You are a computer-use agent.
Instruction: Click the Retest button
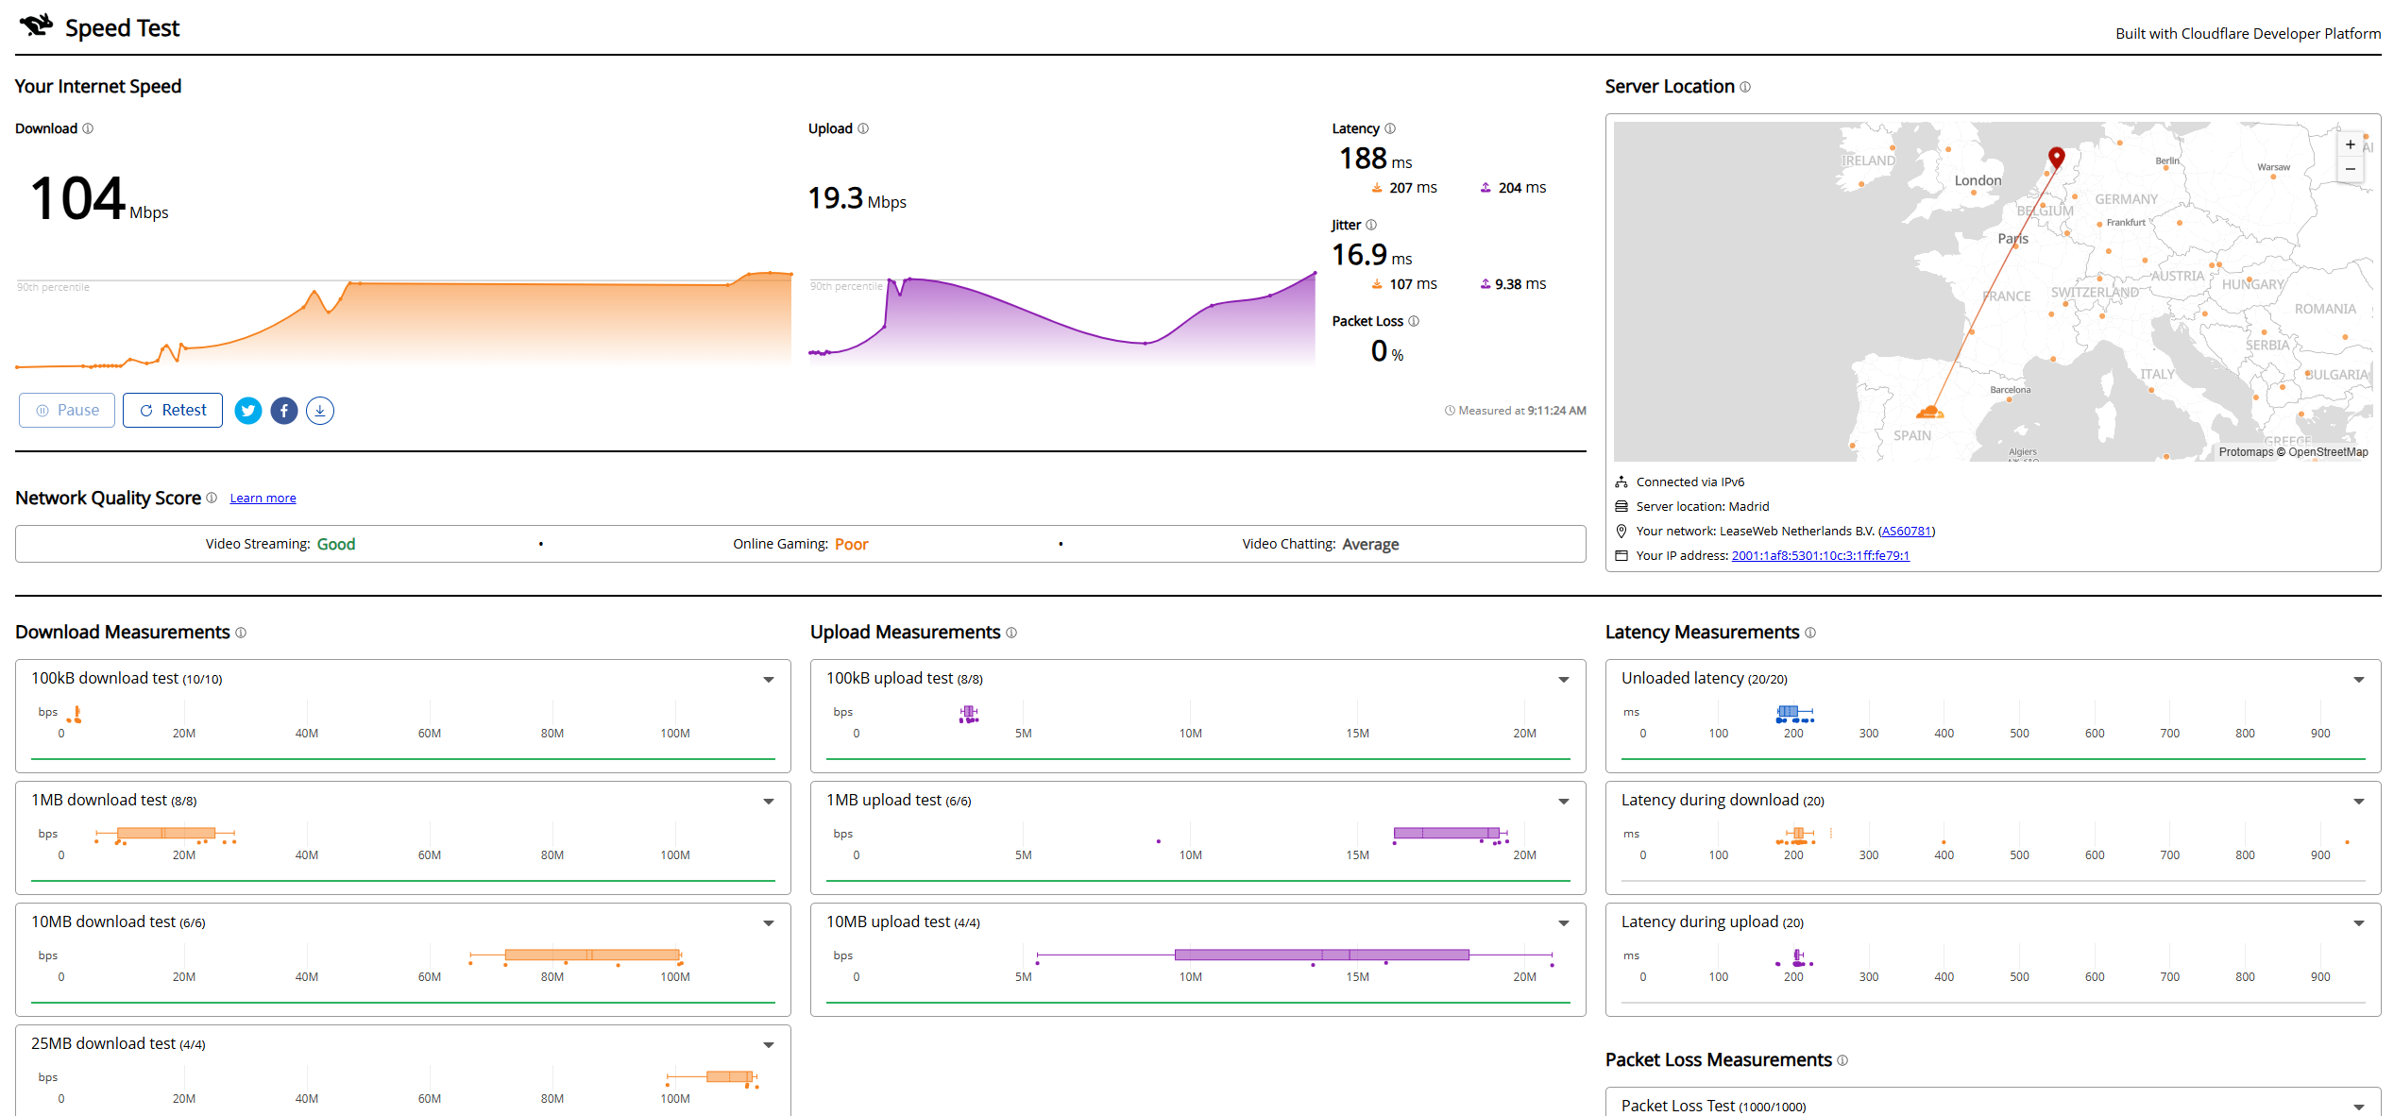click(x=173, y=410)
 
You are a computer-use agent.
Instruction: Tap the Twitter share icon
click(x=248, y=411)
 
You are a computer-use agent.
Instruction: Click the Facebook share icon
click(x=284, y=411)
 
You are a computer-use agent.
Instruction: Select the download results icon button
click(x=320, y=411)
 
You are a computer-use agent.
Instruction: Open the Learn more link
click(x=263, y=499)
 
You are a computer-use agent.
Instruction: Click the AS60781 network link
click(x=1906, y=532)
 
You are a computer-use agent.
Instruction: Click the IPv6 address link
click(x=1820, y=556)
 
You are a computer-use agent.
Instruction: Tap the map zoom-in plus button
click(x=2350, y=145)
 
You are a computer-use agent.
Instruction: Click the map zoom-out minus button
click(x=2350, y=169)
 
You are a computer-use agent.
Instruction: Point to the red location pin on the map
click(x=2056, y=157)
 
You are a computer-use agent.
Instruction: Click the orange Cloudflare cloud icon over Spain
click(x=1929, y=412)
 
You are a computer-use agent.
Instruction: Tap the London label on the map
click(x=1978, y=180)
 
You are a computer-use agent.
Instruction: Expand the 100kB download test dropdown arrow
click(x=769, y=680)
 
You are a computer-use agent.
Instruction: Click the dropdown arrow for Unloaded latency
click(x=2359, y=680)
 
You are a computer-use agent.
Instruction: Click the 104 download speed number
click(x=77, y=198)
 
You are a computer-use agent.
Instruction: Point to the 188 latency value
click(x=1363, y=159)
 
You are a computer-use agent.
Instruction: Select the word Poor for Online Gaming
click(x=851, y=545)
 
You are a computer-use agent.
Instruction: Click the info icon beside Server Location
click(x=1745, y=87)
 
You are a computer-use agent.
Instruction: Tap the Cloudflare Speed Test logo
click(x=36, y=25)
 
